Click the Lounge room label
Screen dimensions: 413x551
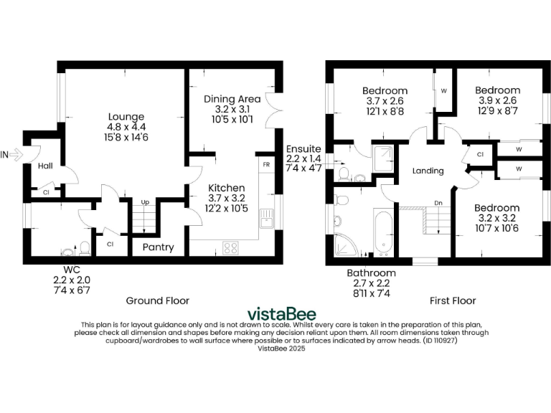[x=126, y=117]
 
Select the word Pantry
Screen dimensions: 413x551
[x=158, y=247]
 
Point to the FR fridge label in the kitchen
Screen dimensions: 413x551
[x=265, y=164]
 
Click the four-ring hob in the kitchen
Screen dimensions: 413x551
[x=232, y=248]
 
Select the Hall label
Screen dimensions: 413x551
[x=45, y=166]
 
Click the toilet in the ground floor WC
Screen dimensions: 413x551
[x=84, y=248]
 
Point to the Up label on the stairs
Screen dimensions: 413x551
[x=145, y=203]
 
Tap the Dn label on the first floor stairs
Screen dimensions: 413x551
[x=438, y=204]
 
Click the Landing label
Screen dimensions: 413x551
[x=428, y=171]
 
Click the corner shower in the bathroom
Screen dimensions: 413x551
[x=347, y=245]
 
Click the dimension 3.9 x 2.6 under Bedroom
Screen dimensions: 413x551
[x=496, y=101]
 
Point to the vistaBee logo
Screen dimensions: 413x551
[x=281, y=314]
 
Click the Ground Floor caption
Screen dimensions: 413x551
[x=158, y=300]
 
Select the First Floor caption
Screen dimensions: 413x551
[x=452, y=300]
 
